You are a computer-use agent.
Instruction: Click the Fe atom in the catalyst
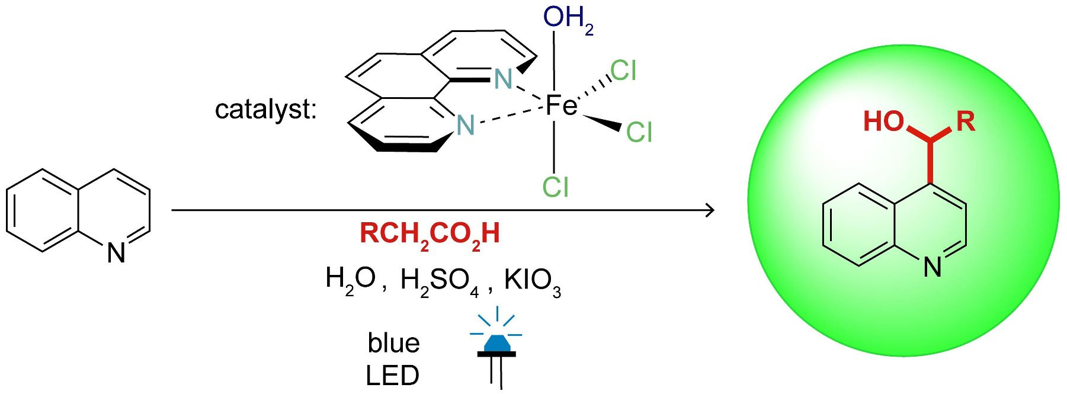point(560,106)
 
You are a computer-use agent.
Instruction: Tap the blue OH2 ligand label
point(567,20)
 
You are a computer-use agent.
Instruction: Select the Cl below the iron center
point(555,187)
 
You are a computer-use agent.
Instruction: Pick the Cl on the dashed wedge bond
point(623,72)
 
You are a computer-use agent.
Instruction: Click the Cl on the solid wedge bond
point(639,132)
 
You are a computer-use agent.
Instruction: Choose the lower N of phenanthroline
point(466,125)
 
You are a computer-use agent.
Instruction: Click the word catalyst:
point(265,110)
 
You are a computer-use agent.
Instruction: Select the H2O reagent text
point(351,278)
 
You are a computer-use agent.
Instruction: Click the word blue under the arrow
point(393,343)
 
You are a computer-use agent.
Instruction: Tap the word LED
point(392,375)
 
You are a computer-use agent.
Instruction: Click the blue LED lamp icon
point(496,344)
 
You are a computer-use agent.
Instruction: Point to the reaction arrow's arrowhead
point(709,210)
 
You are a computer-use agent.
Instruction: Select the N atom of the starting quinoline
point(116,254)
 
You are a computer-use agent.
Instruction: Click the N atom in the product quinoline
point(933,268)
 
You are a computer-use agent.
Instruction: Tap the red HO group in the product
point(884,121)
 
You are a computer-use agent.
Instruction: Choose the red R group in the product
point(966,121)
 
